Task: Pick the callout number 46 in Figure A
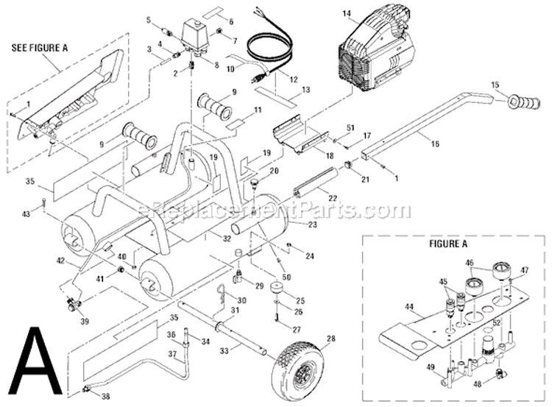468,261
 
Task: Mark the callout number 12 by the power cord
292,77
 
